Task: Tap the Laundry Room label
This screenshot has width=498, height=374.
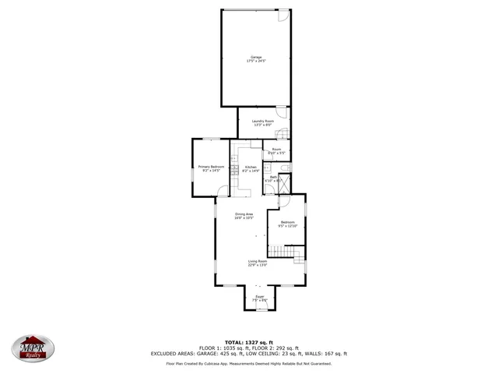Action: tap(262, 121)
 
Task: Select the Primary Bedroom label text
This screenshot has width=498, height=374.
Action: tap(211, 166)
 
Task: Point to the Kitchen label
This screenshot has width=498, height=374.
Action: tap(251, 168)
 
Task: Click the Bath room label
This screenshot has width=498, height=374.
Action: tap(273, 178)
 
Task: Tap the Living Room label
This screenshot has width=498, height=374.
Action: tap(258, 261)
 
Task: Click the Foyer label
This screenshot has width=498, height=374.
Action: tap(260, 296)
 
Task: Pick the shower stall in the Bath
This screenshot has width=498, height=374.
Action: tap(286, 184)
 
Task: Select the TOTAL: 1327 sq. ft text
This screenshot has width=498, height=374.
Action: tap(249, 342)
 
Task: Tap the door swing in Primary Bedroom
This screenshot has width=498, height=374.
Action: tap(223, 191)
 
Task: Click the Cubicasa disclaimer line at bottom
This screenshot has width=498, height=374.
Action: tap(249, 363)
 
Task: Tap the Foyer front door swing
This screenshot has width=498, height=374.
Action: tap(260, 305)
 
